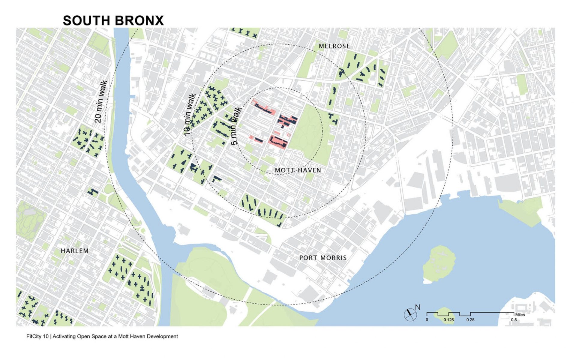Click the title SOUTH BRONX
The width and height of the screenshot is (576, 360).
(x=113, y=20)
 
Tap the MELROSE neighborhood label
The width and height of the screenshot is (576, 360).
(x=334, y=46)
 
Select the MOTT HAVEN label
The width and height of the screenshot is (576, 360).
(x=298, y=170)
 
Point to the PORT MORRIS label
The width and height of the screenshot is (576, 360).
(x=323, y=258)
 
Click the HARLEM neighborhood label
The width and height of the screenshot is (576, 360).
(x=75, y=251)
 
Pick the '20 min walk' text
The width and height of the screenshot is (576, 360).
(x=101, y=102)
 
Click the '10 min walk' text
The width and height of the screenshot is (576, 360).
(x=189, y=114)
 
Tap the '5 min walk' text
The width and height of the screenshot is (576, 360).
(x=237, y=126)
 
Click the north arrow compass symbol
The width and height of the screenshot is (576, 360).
(x=410, y=314)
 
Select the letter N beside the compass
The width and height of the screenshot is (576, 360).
(x=418, y=307)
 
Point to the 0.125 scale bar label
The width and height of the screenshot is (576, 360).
(x=449, y=320)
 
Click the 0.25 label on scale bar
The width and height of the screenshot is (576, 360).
(x=470, y=320)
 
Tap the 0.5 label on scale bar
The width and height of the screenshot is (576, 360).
(x=514, y=320)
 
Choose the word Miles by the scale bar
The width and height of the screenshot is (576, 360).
(x=520, y=315)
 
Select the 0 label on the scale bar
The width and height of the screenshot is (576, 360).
(x=427, y=320)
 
